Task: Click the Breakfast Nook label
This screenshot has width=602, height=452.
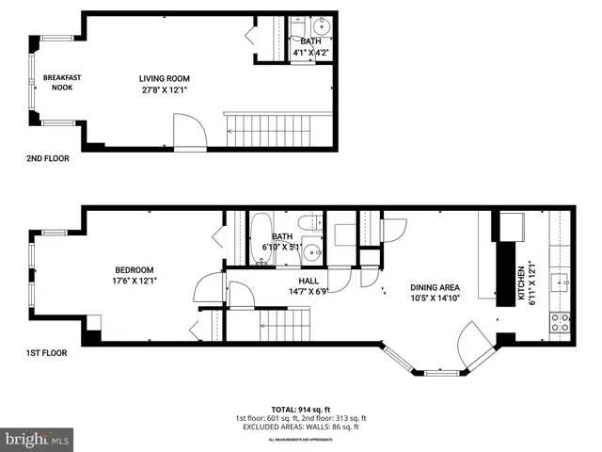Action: pyautogui.click(x=57, y=82)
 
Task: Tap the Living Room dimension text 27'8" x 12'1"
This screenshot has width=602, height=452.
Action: pyautogui.click(x=166, y=90)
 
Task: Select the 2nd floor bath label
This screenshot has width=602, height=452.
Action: pyautogui.click(x=309, y=41)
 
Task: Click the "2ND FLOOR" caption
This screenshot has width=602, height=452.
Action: pyautogui.click(x=47, y=158)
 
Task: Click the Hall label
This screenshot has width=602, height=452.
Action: pyautogui.click(x=308, y=281)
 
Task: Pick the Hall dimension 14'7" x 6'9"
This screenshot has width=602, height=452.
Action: pyautogui.click(x=308, y=291)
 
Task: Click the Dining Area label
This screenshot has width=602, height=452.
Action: pyautogui.click(x=434, y=288)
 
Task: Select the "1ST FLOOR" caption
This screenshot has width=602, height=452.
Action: pyautogui.click(x=46, y=354)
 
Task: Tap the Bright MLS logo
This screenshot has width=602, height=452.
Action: pyautogui.click(x=38, y=438)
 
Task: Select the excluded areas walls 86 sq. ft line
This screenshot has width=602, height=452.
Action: pyautogui.click(x=301, y=427)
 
